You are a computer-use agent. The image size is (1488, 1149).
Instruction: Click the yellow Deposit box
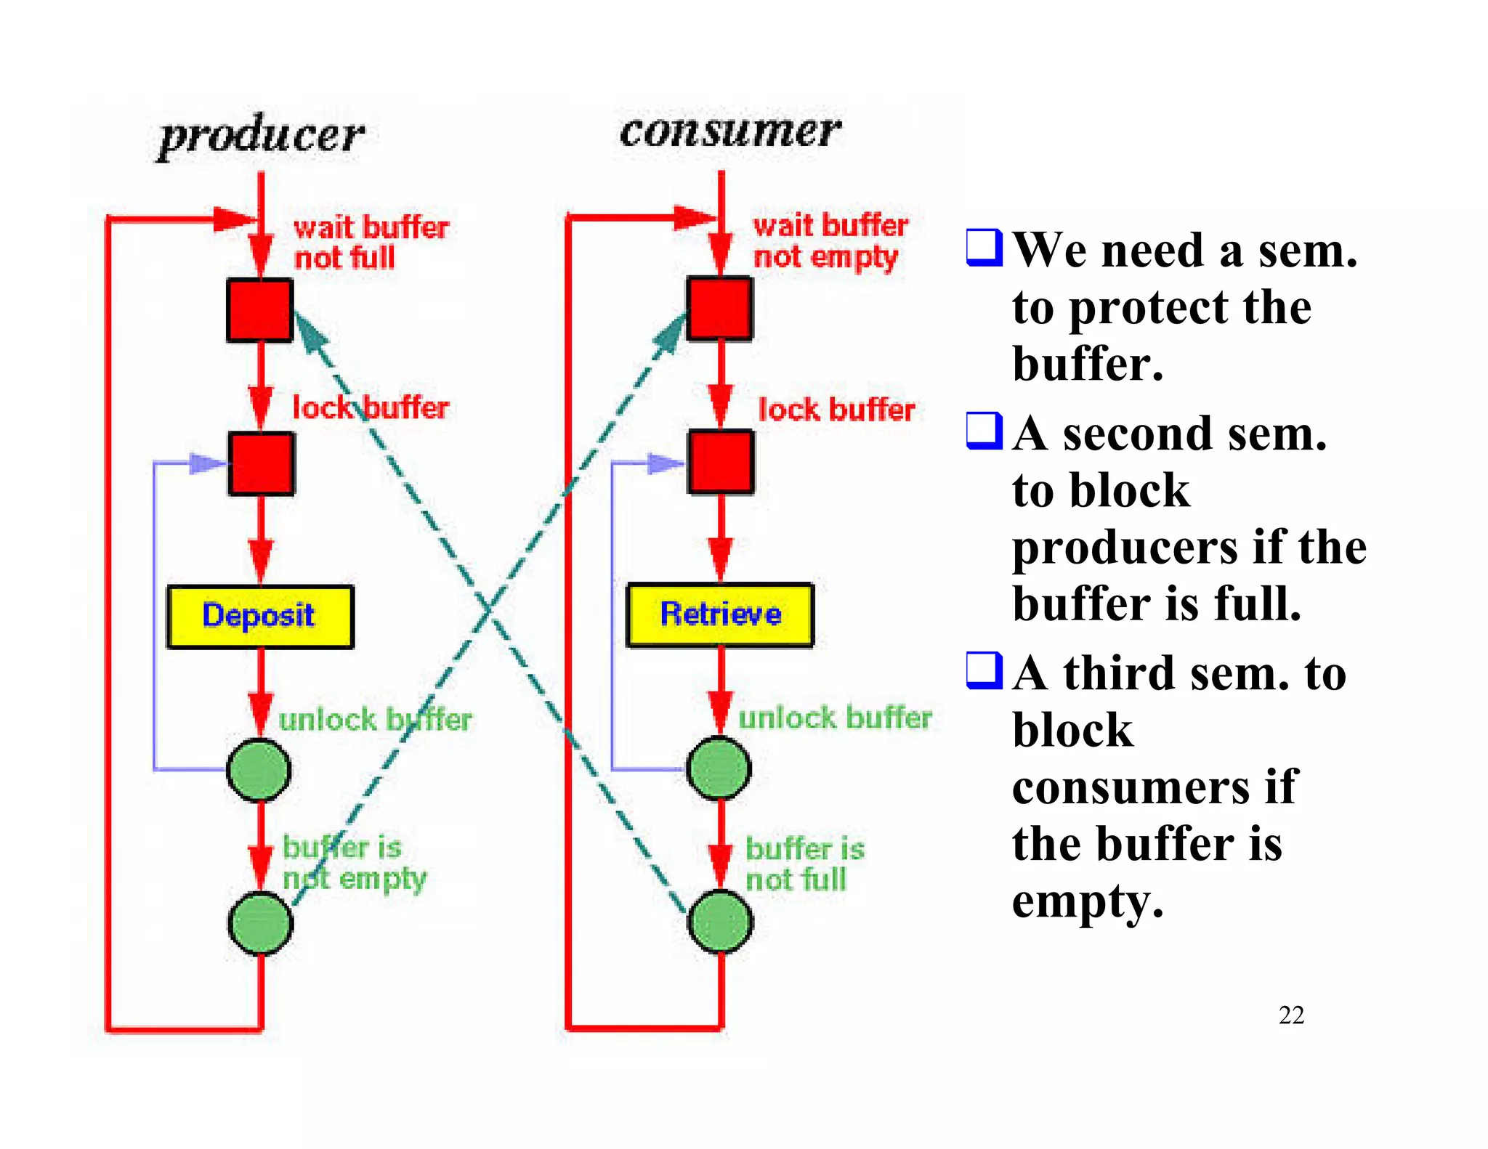260,616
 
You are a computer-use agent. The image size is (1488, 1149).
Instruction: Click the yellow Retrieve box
719,614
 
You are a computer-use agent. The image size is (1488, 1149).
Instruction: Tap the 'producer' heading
261,136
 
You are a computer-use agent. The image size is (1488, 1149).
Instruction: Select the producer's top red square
259,310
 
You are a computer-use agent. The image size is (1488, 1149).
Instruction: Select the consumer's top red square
719,309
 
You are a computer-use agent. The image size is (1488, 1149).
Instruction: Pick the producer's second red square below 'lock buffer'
262,464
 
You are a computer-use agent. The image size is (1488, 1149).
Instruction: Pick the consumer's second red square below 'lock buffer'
721,463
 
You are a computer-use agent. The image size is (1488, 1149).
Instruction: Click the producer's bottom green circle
260,923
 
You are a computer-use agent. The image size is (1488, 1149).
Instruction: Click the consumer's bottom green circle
720,922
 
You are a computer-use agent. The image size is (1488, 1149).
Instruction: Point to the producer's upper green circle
259,770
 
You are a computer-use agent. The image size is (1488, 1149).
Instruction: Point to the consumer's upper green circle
719,768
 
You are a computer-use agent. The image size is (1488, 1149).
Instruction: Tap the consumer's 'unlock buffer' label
835,718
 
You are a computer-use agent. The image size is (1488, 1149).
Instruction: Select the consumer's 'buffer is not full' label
804,864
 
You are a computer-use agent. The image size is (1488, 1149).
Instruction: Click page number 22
1291,1015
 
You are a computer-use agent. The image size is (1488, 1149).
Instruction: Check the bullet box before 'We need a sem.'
984,247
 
